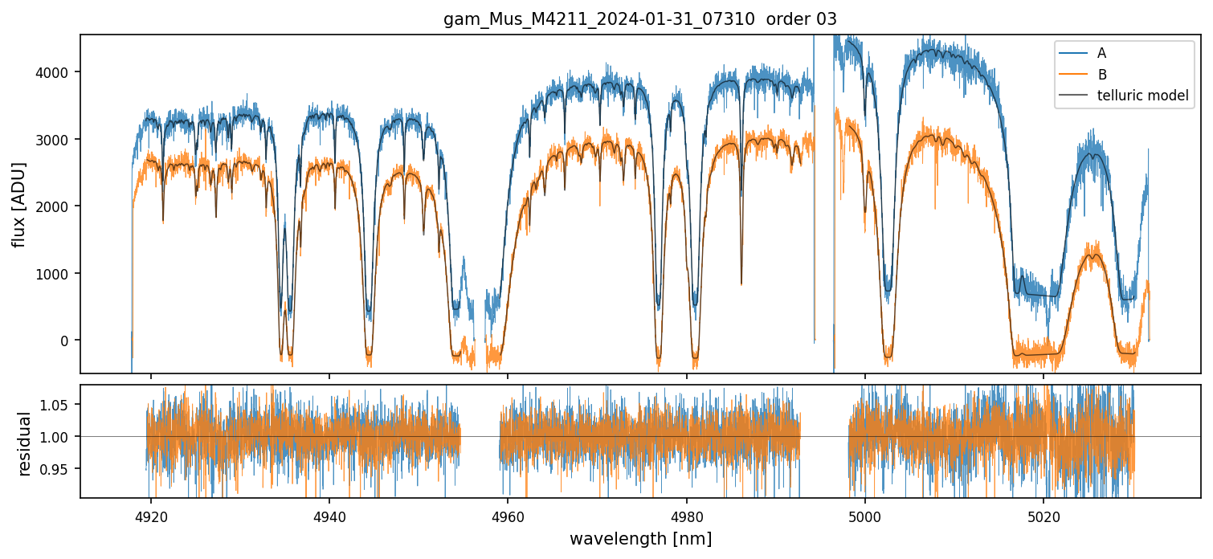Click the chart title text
click(x=640, y=19)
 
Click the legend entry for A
click(x=1101, y=53)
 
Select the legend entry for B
click(x=1101, y=75)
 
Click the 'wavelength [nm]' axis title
click(x=640, y=538)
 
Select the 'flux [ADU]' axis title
click(x=18, y=204)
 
